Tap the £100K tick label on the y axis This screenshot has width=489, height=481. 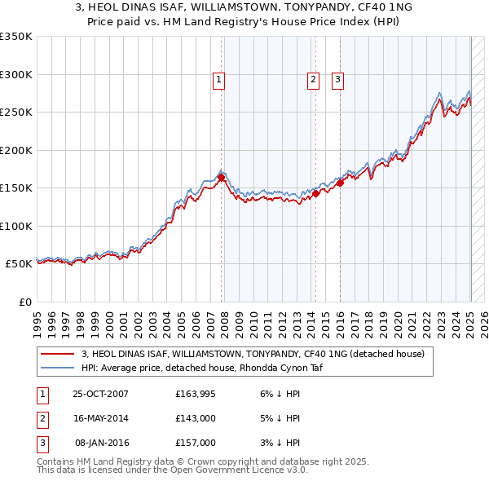15,227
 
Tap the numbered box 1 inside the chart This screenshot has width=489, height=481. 220,80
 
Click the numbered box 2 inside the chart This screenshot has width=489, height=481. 314,80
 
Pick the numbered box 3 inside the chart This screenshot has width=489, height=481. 337,80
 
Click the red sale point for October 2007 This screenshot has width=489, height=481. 221,177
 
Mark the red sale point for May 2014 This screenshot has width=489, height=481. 315,193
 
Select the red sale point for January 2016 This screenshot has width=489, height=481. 340,183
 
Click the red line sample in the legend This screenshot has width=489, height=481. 57,355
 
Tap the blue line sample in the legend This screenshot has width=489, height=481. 57,368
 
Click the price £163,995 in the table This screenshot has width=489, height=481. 196,395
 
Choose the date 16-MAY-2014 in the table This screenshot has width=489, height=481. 101,419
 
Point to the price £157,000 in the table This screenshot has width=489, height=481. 196,443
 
